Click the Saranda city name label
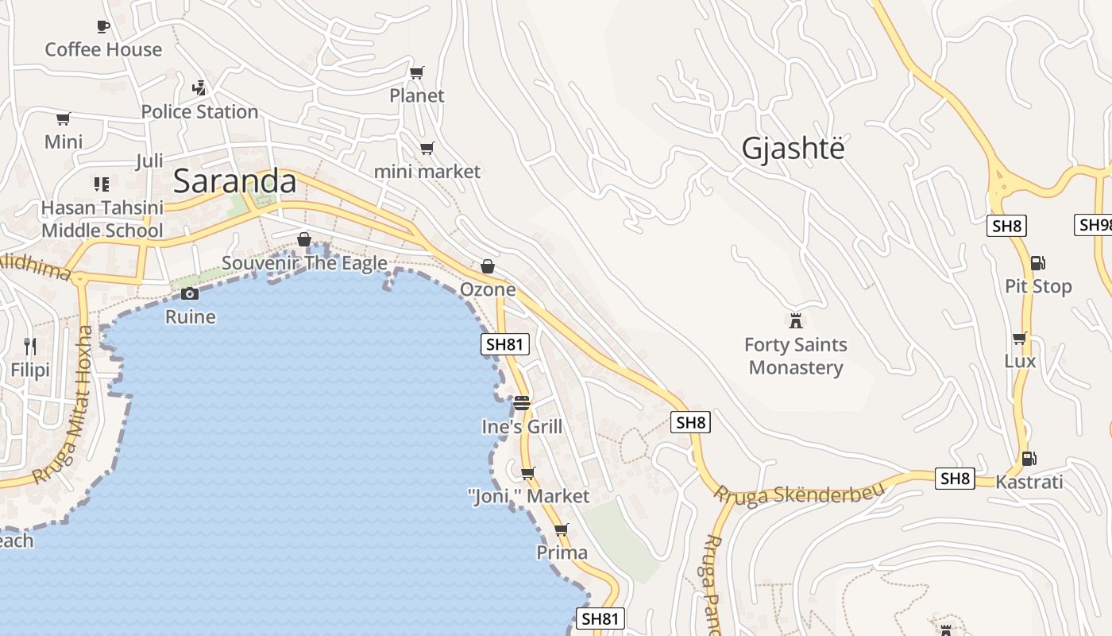[x=234, y=181]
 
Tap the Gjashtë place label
[x=793, y=149]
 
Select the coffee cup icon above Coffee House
[x=103, y=26]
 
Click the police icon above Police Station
[x=200, y=87]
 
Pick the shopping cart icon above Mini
[x=64, y=119]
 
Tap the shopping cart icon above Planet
[x=417, y=72]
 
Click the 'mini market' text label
[x=427, y=172]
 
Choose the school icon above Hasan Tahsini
[x=102, y=184]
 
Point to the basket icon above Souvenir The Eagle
[x=303, y=239]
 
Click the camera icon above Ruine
[x=189, y=293]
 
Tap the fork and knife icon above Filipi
[x=30, y=346]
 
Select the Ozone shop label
[x=488, y=289]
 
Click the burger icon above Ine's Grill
[x=522, y=403]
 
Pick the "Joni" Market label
[x=529, y=497]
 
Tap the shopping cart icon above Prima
[x=562, y=529]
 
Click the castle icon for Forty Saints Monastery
[x=795, y=320]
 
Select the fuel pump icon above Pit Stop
[x=1037, y=263]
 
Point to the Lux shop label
[x=1020, y=361]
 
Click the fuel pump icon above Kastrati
[x=1029, y=458]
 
